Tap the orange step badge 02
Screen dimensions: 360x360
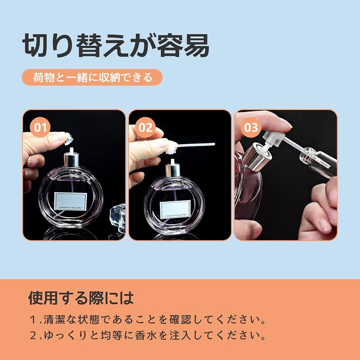[146, 127]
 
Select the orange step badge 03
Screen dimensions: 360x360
[251, 127]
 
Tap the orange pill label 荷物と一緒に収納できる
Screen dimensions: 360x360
[92, 77]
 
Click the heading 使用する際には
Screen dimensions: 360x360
[81, 298]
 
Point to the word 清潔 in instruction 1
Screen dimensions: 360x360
[53, 319]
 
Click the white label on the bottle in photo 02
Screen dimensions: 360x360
[176, 210]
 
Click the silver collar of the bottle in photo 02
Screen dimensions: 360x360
[173, 170]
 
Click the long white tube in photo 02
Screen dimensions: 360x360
[196, 145]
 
